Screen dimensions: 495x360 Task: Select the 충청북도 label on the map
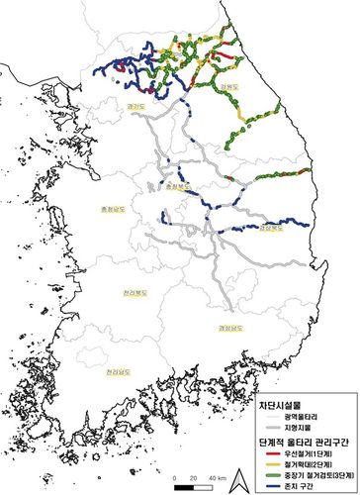tap(176, 185)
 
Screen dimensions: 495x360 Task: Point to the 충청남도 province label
tap(101, 209)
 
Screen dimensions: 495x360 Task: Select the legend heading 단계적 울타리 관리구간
tap(301, 438)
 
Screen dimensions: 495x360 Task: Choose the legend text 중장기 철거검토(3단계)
tap(318, 473)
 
